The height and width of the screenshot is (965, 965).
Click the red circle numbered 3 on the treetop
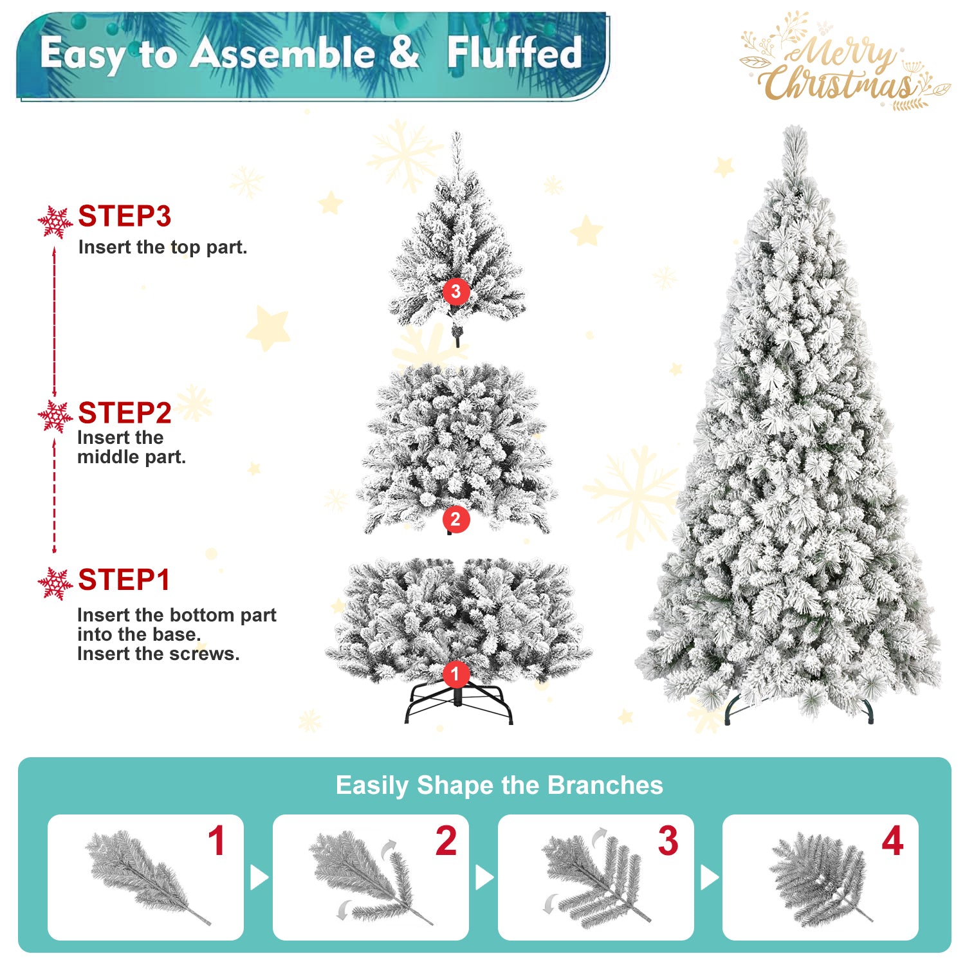click(455, 291)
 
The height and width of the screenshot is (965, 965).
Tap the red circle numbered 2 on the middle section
click(455, 519)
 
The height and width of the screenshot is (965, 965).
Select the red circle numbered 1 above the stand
click(455, 674)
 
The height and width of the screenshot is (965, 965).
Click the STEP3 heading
click(124, 216)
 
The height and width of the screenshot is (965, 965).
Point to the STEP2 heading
click(124, 413)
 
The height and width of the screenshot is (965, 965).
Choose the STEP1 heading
click(124, 580)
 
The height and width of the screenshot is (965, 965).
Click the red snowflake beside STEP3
click(55, 222)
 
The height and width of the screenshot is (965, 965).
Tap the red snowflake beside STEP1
click(55, 584)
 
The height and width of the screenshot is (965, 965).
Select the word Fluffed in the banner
click(515, 53)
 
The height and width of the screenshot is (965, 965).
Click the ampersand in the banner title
click(404, 53)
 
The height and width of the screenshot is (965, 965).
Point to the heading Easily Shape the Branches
click(499, 786)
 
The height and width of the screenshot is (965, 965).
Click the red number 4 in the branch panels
click(892, 841)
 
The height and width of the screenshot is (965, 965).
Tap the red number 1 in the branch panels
click(217, 841)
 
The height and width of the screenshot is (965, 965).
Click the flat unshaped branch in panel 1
click(145, 875)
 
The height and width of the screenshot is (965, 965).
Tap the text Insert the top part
click(163, 247)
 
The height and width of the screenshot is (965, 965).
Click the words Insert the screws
click(158, 654)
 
